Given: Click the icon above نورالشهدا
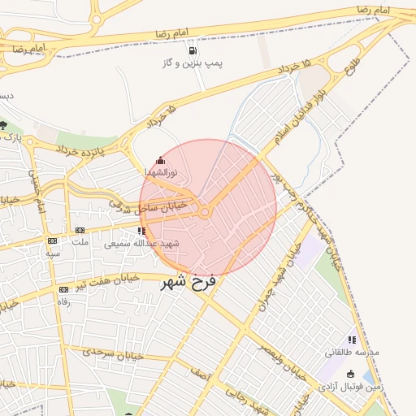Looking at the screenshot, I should pyautogui.click(x=160, y=161).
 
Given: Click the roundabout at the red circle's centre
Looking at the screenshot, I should pyautogui.click(x=206, y=212).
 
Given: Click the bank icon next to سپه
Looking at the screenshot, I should pyautogui.click(x=53, y=240).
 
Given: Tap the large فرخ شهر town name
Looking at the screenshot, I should pyautogui.click(x=193, y=283).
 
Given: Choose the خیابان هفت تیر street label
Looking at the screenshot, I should pyautogui.click(x=114, y=280).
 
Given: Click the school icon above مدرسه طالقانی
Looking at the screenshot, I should pyautogui.click(x=352, y=340).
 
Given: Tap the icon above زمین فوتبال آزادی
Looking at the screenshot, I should pyautogui.click(x=351, y=374).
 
